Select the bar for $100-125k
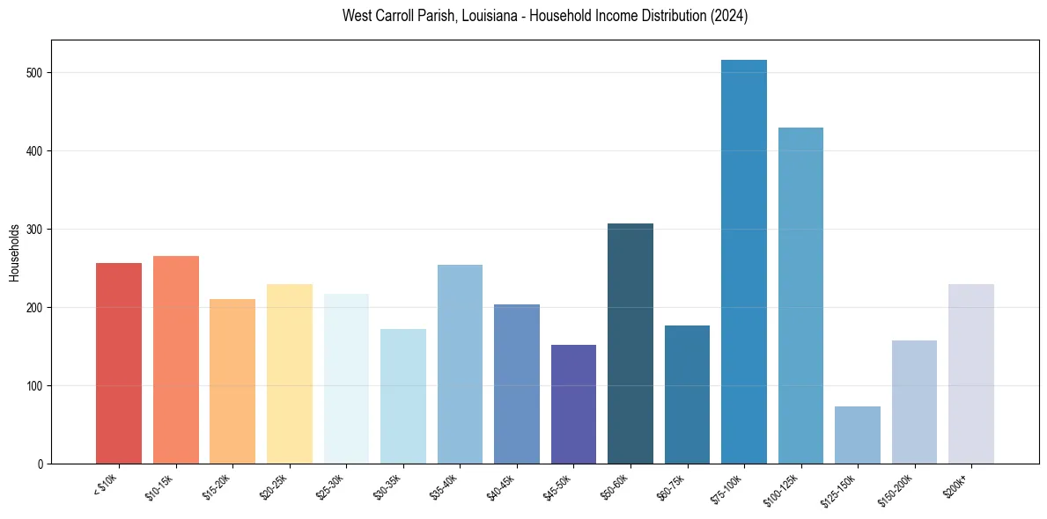tap(800, 296)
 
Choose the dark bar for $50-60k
tap(630, 344)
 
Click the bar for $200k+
tap(971, 374)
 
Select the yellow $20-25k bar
tap(290, 374)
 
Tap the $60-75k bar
tap(687, 395)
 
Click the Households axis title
tap(15, 252)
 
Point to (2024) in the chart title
tap(730, 17)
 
